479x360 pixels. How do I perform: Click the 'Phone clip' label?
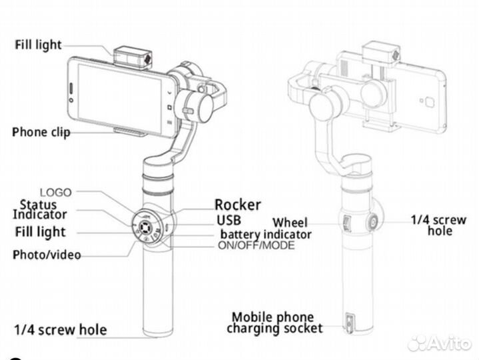coord(41,132)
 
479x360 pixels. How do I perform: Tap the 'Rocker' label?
coord(237,205)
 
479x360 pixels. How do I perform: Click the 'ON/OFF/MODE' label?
coord(256,245)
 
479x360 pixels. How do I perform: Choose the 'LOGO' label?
coord(57,192)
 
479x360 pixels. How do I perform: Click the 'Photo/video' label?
coord(47,255)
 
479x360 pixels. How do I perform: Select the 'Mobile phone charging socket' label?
coord(274,323)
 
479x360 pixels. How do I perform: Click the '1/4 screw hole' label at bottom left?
coord(60,329)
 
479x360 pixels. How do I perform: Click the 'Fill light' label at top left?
coord(38,45)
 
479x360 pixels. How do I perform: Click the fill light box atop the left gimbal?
coord(132,57)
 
